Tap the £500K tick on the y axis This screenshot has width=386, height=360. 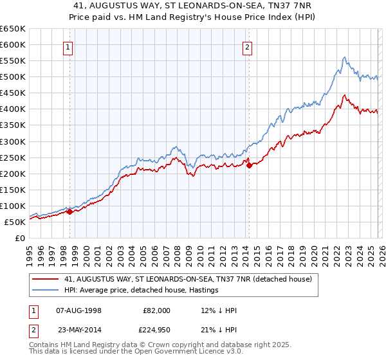coord(12,77)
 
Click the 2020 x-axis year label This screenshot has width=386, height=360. coord(313,251)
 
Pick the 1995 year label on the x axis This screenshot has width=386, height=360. coord(29,251)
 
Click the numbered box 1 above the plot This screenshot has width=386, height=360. coord(69,46)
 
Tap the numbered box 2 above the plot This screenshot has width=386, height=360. coord(248,46)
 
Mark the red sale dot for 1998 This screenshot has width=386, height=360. coord(69,212)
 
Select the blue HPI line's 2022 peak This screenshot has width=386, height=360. coord(344,57)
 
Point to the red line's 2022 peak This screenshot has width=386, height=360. coord(345,96)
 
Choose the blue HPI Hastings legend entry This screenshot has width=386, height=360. coord(142,290)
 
